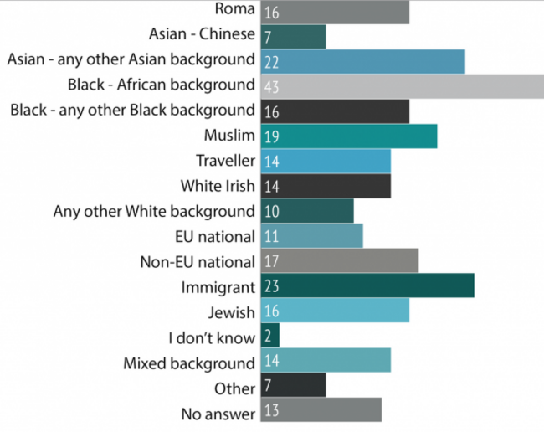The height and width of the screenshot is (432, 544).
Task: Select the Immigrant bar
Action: click(367, 286)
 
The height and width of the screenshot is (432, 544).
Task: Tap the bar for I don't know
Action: click(269, 337)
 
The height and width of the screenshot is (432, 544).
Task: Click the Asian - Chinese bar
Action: click(293, 36)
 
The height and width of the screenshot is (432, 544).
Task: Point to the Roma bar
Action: click(335, 12)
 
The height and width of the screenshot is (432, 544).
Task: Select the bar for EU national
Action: click(311, 236)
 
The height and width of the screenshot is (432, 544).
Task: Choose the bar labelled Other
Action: click(293, 387)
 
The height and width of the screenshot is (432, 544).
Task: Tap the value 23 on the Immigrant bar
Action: click(270, 286)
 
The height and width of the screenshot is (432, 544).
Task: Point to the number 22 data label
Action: click(270, 61)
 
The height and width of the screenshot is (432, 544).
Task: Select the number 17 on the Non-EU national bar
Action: click(270, 261)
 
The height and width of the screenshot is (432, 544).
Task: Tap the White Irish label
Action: click(217, 186)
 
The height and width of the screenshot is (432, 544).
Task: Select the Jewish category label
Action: click(231, 312)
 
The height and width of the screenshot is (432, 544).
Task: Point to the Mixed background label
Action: click(188, 363)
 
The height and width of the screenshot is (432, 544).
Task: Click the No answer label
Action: click(218, 413)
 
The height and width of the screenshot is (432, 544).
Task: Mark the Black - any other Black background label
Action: click(130, 111)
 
